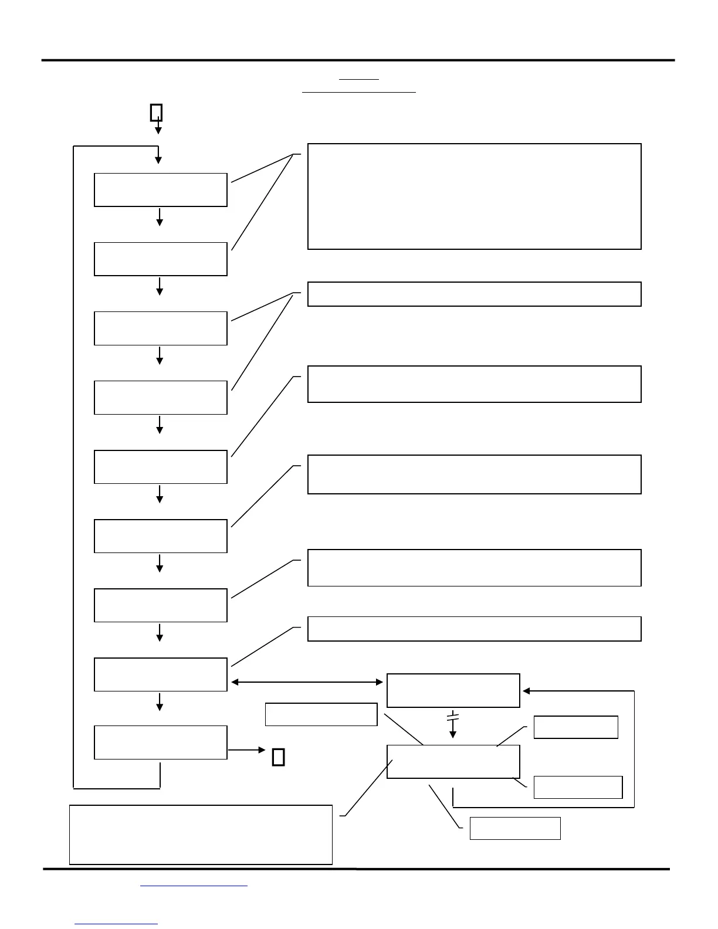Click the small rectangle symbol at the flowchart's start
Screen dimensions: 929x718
click(156, 112)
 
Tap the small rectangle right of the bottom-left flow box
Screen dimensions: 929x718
click(279, 757)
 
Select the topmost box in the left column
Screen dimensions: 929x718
click(161, 189)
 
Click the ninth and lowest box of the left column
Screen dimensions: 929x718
click(161, 742)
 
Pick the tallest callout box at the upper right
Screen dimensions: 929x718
click(474, 196)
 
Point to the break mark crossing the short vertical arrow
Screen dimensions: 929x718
click(452, 717)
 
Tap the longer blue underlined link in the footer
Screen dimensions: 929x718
click(194, 886)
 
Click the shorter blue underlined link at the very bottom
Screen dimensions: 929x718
click(116, 924)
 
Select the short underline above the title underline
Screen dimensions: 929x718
click(359, 79)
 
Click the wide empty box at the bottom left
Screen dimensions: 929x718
click(201, 835)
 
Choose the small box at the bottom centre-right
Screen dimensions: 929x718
click(515, 828)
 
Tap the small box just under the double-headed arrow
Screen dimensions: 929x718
click(321, 714)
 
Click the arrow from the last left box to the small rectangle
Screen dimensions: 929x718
click(246, 750)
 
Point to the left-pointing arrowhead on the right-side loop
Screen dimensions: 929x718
click(526, 691)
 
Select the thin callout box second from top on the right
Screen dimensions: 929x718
click(474, 294)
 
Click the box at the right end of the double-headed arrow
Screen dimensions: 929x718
click(453, 691)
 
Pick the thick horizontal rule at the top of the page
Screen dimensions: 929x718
click(358, 60)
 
